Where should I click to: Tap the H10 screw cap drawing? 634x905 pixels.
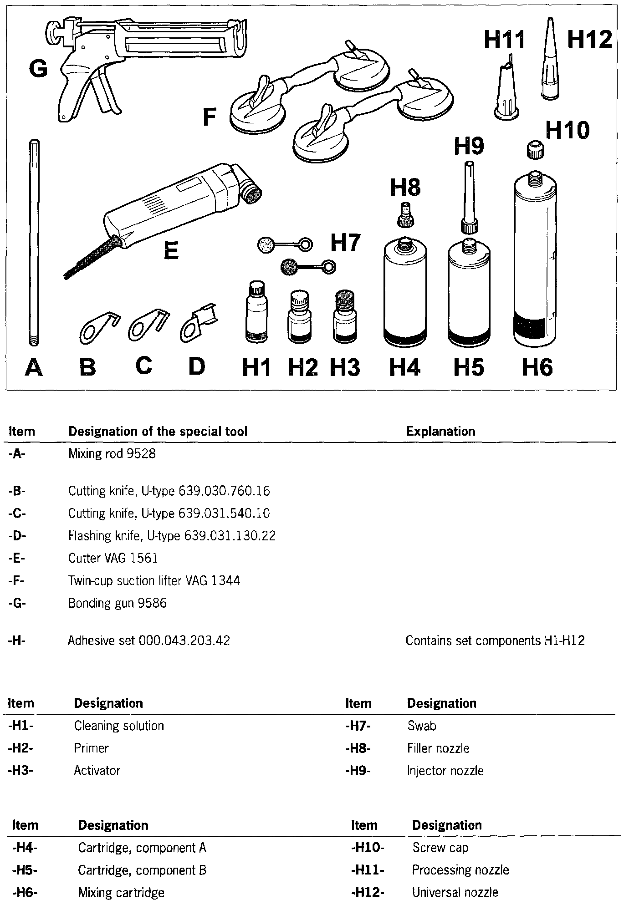pos(535,150)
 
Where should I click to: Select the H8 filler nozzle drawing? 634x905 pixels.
pos(404,216)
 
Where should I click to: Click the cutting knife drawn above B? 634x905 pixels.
pos(97,326)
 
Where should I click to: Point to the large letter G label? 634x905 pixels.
pos(38,70)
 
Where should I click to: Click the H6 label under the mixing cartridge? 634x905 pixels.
pos(537,367)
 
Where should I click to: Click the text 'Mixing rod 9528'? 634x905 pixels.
pos(112,454)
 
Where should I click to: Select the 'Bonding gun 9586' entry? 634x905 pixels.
pos(118,603)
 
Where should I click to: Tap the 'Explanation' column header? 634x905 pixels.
pos(440,431)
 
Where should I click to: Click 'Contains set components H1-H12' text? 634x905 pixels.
pos(495,641)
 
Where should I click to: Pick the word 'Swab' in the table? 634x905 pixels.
pos(422,726)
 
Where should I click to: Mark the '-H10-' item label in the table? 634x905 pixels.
pos(368,848)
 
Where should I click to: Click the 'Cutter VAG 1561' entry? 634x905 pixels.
pos(113,558)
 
